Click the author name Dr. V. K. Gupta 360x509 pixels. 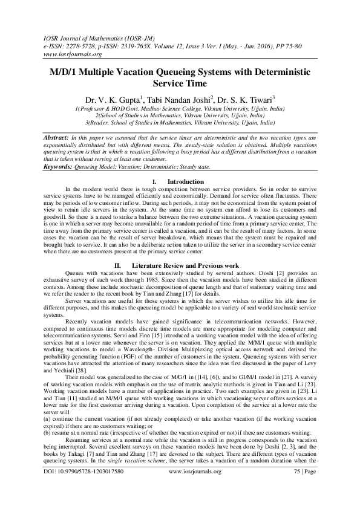(x=111, y=97)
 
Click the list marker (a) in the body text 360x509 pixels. (x=49, y=413)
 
